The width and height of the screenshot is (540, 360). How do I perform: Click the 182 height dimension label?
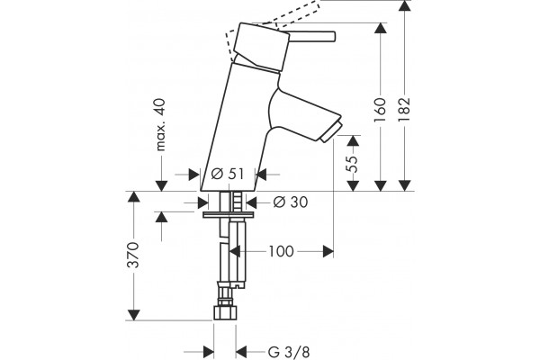coord(404,109)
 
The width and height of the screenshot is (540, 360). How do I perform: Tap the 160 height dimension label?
coord(380,110)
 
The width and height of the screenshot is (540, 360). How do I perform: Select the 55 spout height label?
coord(353,164)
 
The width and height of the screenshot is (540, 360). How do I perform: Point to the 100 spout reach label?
coord(281,251)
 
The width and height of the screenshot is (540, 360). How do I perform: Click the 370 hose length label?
coord(133,255)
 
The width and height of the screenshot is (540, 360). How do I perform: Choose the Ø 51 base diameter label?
coord(228,175)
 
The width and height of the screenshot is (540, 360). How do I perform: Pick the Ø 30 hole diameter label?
coord(291,202)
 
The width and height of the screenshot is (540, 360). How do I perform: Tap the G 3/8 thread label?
coord(289,352)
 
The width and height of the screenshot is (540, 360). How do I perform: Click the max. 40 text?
coord(160,125)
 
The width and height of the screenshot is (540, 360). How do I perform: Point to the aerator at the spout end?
coord(331,132)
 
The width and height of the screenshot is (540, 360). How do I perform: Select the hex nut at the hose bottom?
coord(225,312)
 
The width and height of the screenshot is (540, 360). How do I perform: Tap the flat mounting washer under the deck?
coord(229,215)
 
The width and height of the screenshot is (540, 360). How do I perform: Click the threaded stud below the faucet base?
coord(238,202)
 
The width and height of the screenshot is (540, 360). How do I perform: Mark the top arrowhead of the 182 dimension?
coord(404,6)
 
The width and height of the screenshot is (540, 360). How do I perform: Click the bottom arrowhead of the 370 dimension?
coord(133,315)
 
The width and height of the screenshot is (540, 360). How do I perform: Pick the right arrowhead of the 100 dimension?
coord(328,251)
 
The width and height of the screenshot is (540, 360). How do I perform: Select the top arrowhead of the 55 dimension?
coord(353,141)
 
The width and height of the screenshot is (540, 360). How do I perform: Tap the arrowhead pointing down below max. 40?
coord(161,185)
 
